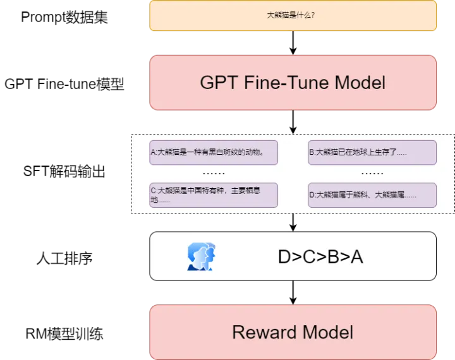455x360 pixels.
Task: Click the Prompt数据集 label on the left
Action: tap(64, 17)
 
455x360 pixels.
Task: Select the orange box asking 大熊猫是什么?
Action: tap(293, 16)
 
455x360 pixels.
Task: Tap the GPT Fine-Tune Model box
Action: tap(293, 83)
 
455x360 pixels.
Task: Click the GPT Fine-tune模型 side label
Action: tap(64, 84)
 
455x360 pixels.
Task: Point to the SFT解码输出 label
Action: tap(64, 171)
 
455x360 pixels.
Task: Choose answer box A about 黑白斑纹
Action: tap(214, 152)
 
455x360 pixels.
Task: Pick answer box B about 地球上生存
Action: tap(372, 152)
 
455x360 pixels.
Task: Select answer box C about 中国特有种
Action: tap(214, 195)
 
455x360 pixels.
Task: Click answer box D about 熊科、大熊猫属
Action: tap(372, 195)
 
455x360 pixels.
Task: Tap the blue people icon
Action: tap(201, 256)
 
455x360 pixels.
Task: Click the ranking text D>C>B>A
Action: tap(320, 256)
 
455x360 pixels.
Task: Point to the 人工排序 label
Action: tap(64, 257)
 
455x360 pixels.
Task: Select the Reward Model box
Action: tap(293, 332)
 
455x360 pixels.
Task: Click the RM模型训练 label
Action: tap(64, 333)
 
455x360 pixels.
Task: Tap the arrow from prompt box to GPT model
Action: tap(293, 42)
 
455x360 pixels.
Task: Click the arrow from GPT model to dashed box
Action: tap(293, 122)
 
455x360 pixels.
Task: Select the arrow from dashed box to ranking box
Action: tap(293, 222)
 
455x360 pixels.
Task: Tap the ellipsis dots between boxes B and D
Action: tap(372, 173)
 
